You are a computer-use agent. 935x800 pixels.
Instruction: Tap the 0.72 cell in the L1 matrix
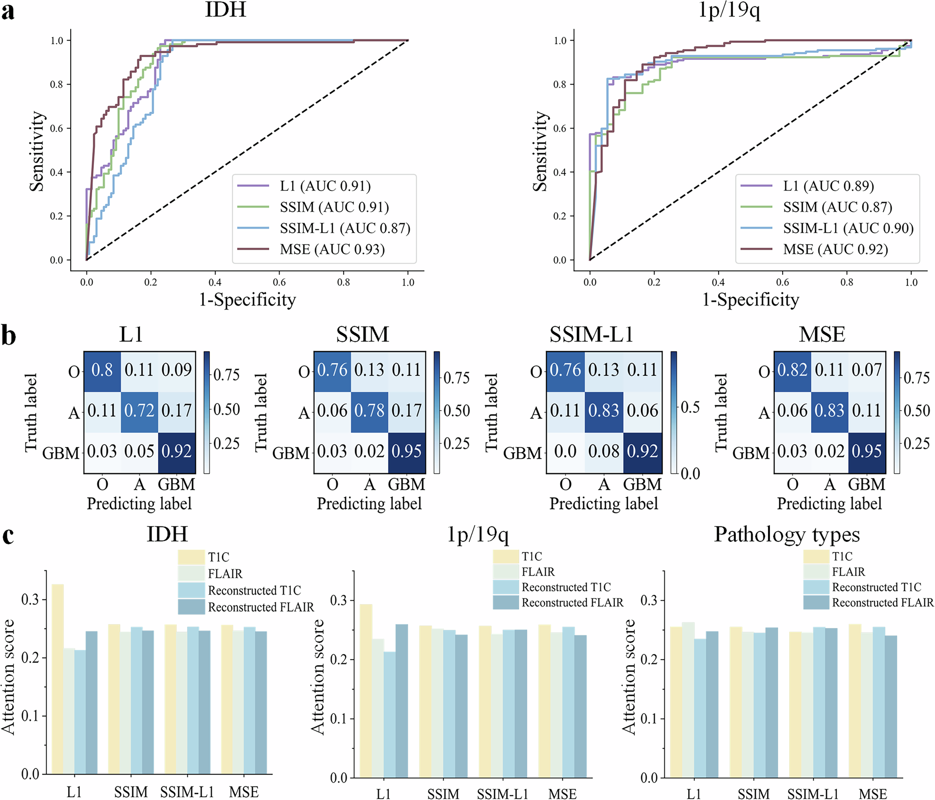[139, 411]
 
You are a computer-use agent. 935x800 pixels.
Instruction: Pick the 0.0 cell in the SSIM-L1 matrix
[565, 452]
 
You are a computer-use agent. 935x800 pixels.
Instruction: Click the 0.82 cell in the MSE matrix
[792, 370]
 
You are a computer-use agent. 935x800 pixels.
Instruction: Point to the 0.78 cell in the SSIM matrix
[369, 411]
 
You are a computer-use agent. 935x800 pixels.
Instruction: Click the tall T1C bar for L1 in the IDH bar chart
[58, 678]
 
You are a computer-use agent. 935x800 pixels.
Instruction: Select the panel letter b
[8, 336]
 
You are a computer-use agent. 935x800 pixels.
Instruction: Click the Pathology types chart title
[787, 534]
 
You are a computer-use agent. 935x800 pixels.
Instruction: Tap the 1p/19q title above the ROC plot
[729, 10]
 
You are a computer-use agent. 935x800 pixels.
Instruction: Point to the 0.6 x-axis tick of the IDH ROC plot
[279, 282]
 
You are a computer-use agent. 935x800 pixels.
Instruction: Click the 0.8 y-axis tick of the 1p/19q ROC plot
[560, 85]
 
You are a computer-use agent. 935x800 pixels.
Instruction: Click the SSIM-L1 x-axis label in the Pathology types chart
[813, 794]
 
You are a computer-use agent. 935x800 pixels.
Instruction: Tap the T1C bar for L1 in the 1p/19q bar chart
[366, 691]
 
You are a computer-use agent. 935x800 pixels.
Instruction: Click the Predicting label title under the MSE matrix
[829, 504]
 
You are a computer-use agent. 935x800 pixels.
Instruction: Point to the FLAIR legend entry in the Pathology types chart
[848, 571]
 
